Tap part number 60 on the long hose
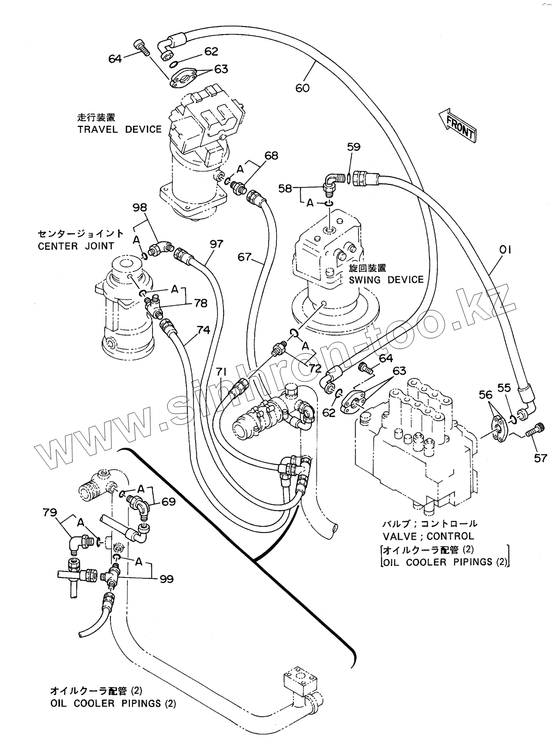point(302,87)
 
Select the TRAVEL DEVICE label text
point(120,129)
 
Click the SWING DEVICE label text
point(386,279)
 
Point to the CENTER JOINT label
point(76,246)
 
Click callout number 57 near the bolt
point(540,458)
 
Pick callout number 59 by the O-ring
point(354,147)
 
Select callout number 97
point(216,244)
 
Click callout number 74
point(203,330)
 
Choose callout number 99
point(166,579)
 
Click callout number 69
point(169,502)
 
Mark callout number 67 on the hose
point(245,257)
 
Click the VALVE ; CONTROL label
point(428,537)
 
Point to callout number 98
point(140,208)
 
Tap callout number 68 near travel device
point(271,155)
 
